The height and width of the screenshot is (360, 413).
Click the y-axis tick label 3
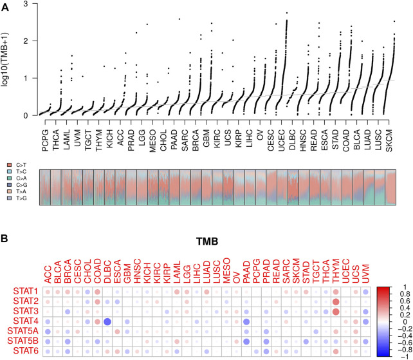coord(25,5)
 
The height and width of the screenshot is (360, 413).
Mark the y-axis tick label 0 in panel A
coord(25,116)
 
